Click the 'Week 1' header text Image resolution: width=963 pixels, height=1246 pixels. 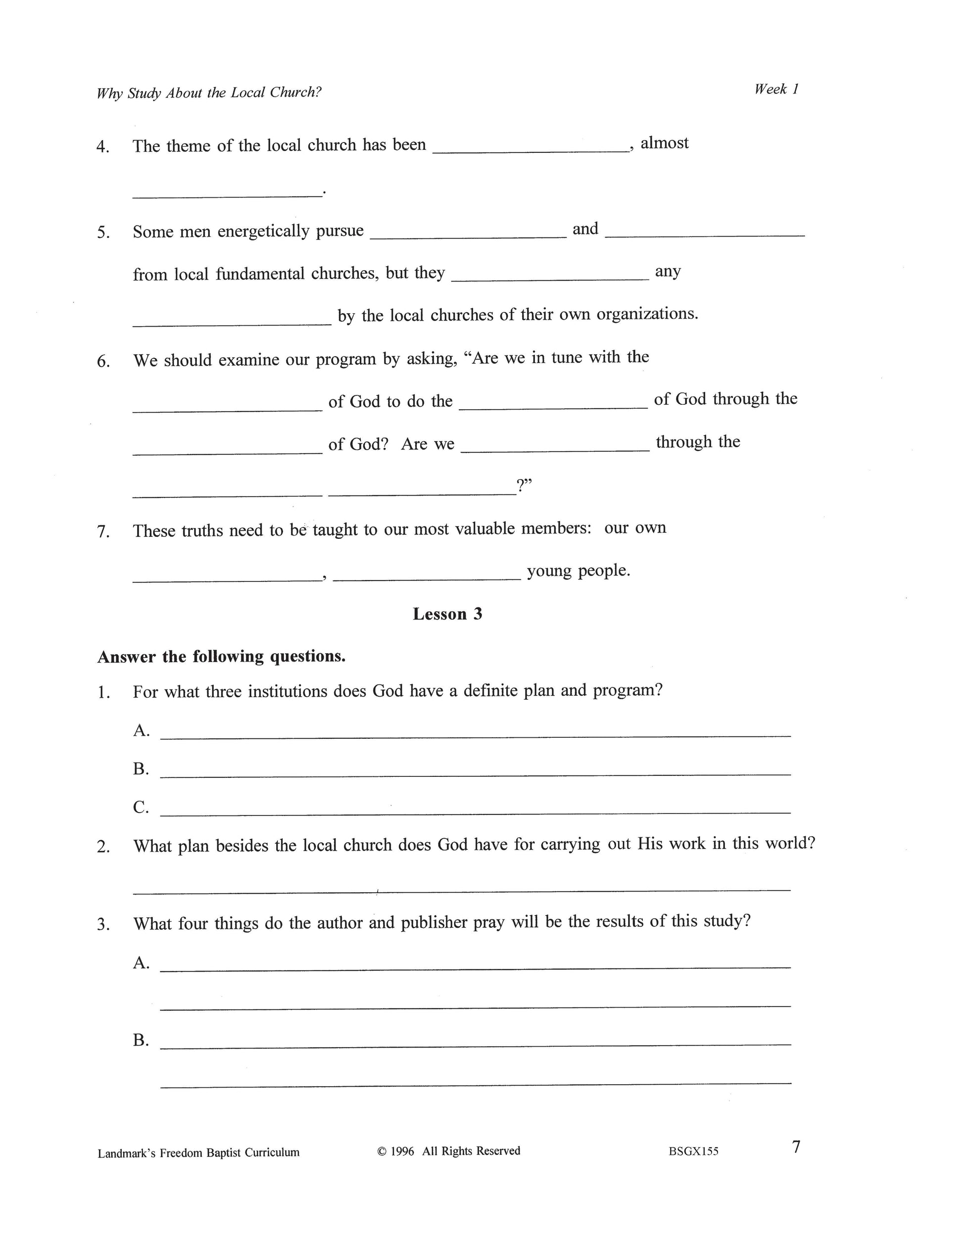click(x=776, y=89)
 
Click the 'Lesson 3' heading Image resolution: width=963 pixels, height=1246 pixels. click(x=447, y=614)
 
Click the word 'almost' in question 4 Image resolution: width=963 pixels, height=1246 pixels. click(x=664, y=143)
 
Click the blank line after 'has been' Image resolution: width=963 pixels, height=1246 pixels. click(x=530, y=149)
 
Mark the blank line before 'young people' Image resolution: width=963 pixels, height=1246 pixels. click(x=426, y=577)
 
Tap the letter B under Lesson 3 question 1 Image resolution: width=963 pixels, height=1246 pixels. click(x=141, y=769)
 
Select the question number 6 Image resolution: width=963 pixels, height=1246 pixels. click(x=103, y=361)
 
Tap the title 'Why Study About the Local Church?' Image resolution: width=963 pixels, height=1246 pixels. click(x=209, y=93)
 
